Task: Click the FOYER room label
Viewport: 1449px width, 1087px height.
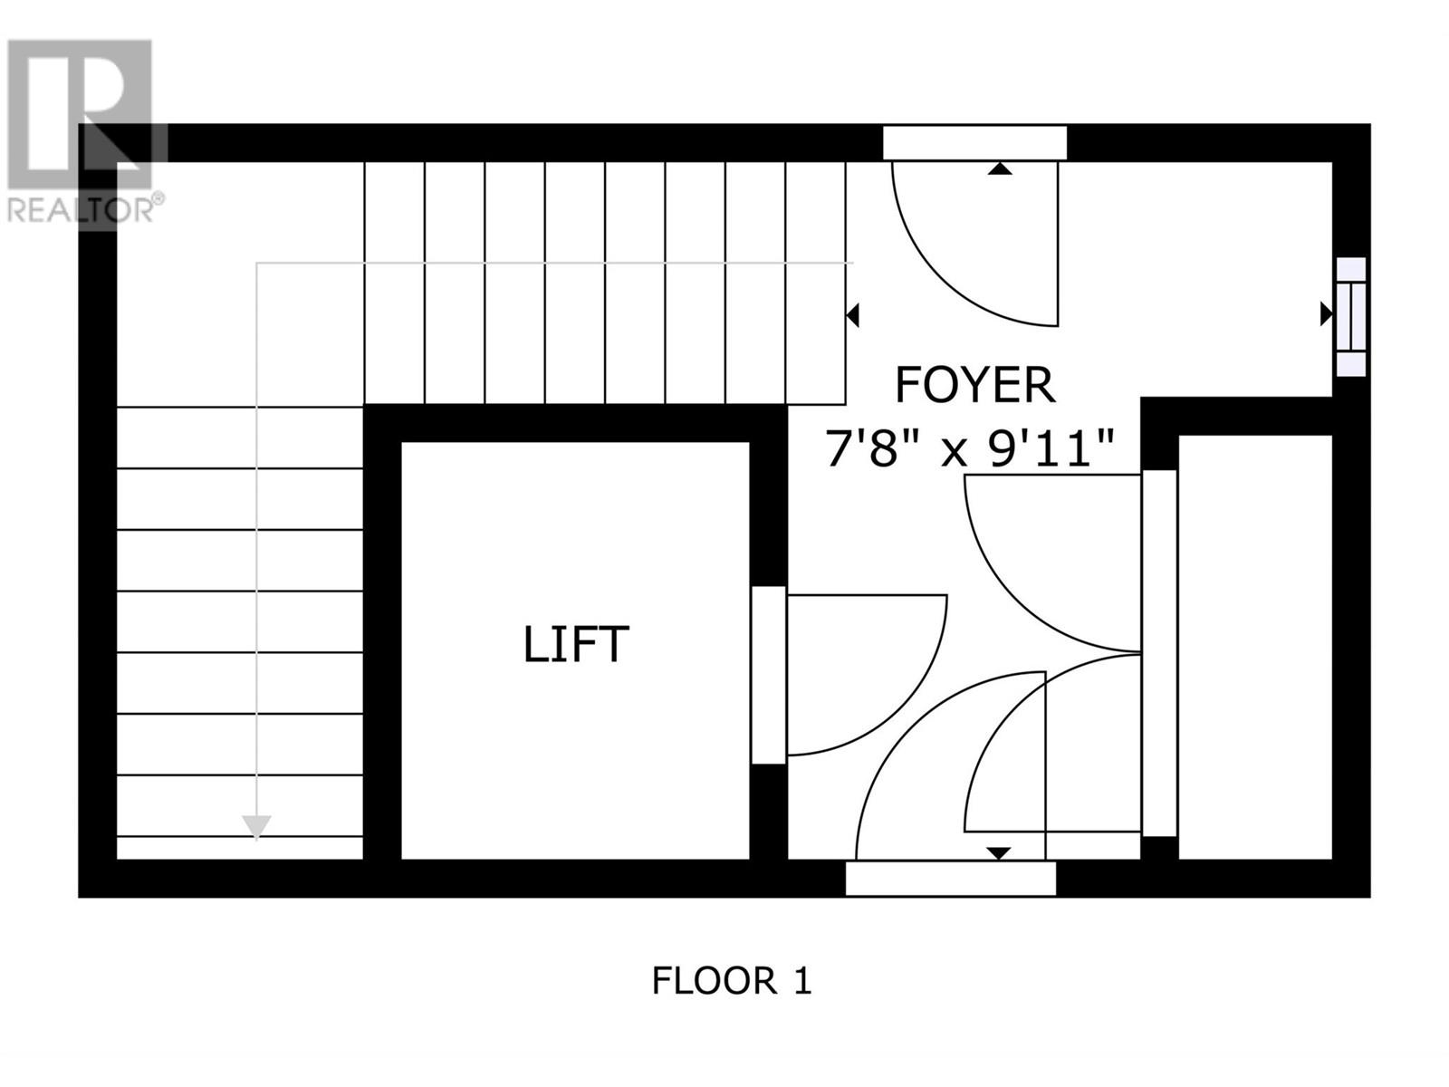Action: coord(974,385)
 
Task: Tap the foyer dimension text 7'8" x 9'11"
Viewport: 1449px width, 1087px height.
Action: coord(968,448)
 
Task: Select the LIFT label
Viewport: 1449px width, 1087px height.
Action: coord(576,645)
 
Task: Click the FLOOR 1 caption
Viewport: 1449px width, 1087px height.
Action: coord(732,981)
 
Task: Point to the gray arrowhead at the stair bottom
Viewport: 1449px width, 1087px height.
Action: coord(257,826)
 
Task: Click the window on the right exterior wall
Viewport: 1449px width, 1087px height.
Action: coord(1351,316)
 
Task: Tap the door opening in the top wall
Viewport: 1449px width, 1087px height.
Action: coord(974,143)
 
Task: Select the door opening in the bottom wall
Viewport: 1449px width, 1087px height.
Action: coord(950,879)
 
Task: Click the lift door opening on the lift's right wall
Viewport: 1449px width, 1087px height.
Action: coord(769,675)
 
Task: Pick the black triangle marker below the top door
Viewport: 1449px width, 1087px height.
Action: coord(1000,169)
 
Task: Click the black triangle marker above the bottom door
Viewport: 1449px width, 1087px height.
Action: coord(999,852)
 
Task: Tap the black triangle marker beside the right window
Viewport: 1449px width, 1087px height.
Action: coord(1326,314)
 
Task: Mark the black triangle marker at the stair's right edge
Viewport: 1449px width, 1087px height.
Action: coord(851,315)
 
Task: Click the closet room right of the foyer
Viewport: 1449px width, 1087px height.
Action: coord(1254,648)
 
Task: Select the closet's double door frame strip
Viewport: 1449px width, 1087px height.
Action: coord(1159,652)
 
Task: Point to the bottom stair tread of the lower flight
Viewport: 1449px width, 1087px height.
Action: coord(240,848)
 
